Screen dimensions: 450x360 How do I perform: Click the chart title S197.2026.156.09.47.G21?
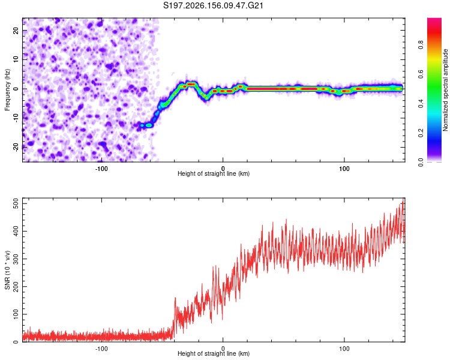point(213,5)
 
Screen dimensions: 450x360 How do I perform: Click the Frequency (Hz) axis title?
point(7,90)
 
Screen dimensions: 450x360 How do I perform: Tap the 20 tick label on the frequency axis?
point(16,31)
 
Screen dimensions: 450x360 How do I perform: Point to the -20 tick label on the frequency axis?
point(16,148)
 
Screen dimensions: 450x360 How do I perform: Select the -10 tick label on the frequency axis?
point(16,118)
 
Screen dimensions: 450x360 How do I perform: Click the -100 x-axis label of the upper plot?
point(101,169)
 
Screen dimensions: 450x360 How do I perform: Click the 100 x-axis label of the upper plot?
point(344,169)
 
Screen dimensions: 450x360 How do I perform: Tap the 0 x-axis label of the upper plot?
point(223,169)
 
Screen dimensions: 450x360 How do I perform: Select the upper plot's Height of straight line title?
point(214,173)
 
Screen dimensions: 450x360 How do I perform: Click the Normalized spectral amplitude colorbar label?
point(445,90)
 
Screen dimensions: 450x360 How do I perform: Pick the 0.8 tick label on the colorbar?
point(421,45)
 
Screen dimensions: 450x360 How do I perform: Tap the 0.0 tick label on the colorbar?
point(421,163)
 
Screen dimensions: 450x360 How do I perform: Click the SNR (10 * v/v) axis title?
point(7,270)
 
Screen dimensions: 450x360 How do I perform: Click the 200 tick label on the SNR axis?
point(16,287)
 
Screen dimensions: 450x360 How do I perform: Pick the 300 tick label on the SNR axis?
point(16,259)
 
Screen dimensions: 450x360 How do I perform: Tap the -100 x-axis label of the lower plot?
point(101,349)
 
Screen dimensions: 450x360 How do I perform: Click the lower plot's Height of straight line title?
point(214,353)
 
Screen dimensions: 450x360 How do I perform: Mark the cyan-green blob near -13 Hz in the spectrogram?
point(149,125)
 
